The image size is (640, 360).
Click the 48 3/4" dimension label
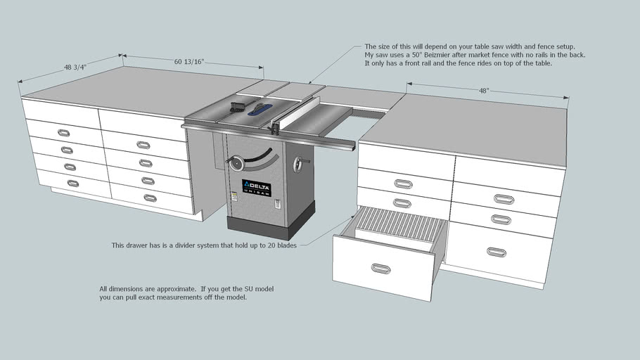[x=76, y=67]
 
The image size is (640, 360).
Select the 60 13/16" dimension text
[x=189, y=63]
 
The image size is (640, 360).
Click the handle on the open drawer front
[x=381, y=268]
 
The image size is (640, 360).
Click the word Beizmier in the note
[x=440, y=55]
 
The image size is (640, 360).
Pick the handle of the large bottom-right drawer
[x=497, y=252]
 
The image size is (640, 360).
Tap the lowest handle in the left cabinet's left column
[x=72, y=183]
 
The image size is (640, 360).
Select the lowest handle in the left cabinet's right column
[x=150, y=198]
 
